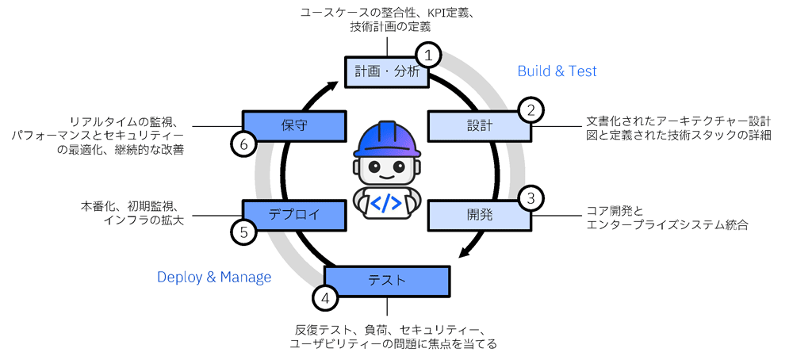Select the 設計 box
click(479, 125)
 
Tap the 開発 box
click(479, 213)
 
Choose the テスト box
click(387, 280)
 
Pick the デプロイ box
click(293, 213)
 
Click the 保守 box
click(293, 124)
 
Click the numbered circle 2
click(531, 109)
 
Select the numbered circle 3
click(531, 197)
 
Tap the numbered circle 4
click(325, 298)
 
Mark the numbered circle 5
click(243, 232)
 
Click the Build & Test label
click(557, 71)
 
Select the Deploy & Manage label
click(214, 277)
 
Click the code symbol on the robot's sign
click(386, 202)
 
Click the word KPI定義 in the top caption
click(449, 13)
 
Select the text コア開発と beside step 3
click(615, 211)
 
